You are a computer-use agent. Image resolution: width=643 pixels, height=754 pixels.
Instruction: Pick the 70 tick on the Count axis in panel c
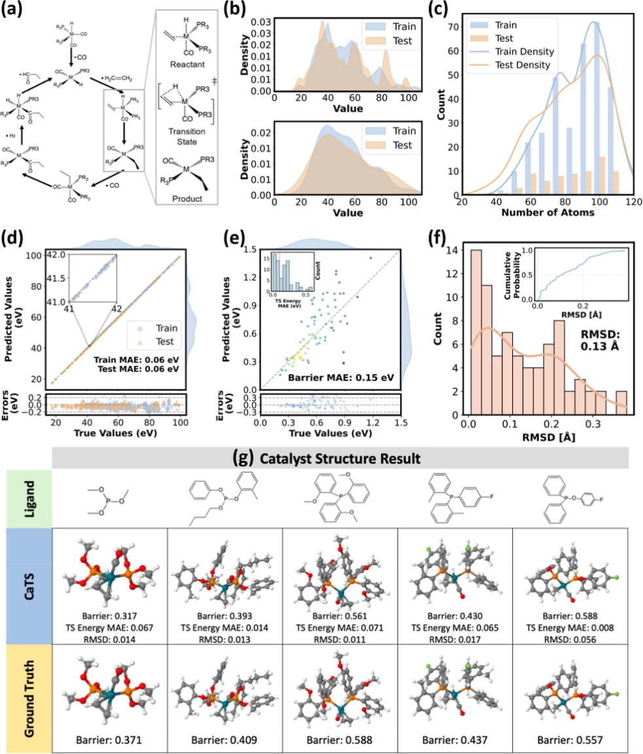click(454, 26)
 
